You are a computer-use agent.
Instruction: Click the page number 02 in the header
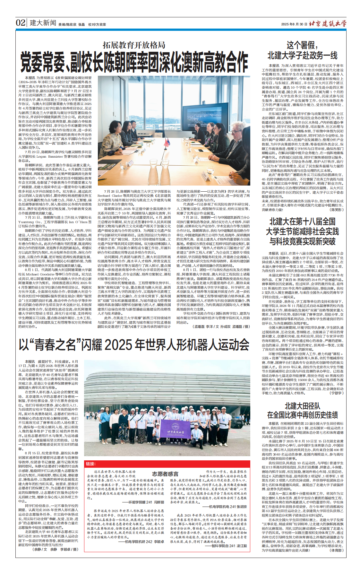21,23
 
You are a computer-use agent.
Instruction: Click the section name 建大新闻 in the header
43,23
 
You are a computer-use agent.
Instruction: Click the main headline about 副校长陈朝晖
134,62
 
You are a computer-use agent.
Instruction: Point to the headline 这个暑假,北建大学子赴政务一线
302,50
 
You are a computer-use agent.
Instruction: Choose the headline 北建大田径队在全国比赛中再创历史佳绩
302,410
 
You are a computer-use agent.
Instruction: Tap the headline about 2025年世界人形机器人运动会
134,345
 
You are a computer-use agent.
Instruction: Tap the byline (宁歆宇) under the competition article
337,393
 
